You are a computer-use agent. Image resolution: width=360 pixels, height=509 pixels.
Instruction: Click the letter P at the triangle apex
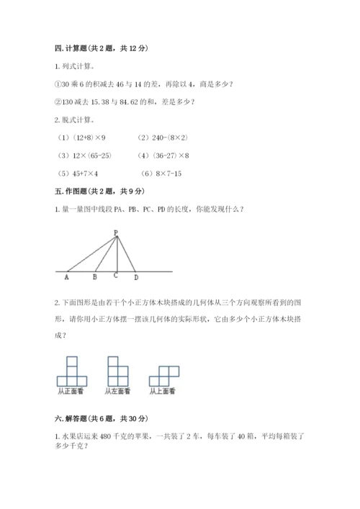click(x=115, y=232)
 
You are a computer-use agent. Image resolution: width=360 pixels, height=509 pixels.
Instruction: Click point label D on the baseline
click(x=136, y=276)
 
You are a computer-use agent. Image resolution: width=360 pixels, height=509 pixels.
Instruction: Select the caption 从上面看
click(x=163, y=392)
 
